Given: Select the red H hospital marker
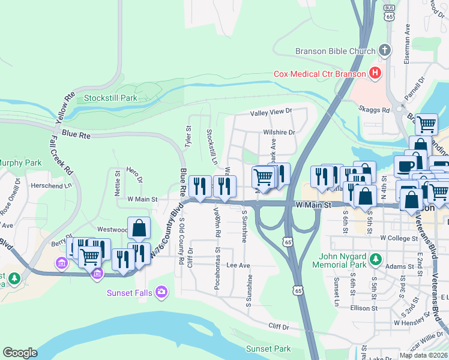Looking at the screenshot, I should [375, 74].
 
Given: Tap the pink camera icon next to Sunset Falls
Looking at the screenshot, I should [161, 292].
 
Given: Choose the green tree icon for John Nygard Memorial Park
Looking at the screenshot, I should [376, 259].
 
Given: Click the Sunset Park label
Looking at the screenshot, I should [268, 349].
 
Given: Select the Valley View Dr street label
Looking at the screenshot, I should [271, 111].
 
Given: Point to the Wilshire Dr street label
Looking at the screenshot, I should [279, 133].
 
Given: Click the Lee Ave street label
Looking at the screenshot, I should [238, 265].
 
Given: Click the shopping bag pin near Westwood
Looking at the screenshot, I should [139, 229].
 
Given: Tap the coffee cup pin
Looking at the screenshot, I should [405, 166].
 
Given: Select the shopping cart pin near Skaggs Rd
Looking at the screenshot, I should [426, 125].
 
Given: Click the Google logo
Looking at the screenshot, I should [20, 353].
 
